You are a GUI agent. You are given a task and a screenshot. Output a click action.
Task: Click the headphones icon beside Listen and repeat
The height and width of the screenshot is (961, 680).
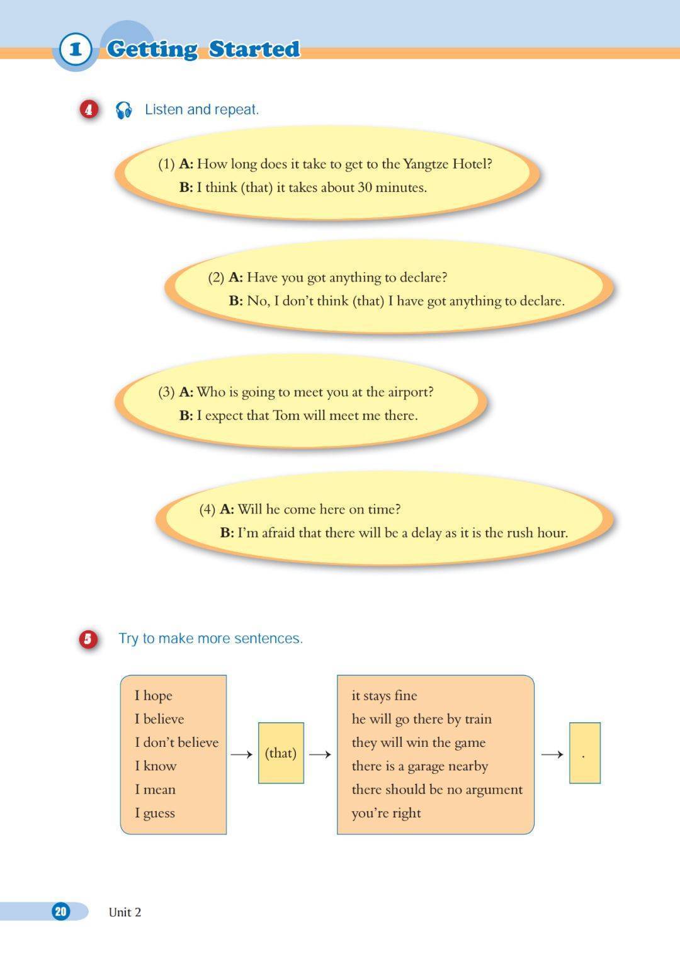point(123,110)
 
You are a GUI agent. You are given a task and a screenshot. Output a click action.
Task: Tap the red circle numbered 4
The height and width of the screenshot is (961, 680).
point(89,110)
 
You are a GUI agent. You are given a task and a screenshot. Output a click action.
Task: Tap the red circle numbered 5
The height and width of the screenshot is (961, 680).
point(88,639)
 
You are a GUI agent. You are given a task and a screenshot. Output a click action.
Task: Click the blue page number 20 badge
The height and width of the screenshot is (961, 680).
point(60,911)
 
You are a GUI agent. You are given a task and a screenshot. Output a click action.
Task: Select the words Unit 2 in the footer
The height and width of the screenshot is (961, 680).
point(125,912)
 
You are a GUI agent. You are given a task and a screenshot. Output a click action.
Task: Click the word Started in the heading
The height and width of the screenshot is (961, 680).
point(254,49)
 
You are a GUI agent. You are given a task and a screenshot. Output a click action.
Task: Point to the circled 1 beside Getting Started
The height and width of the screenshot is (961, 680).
point(76,49)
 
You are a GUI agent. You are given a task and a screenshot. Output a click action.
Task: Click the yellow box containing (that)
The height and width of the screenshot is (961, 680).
point(281,753)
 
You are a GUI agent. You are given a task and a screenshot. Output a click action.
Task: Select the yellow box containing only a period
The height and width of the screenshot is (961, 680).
point(584,753)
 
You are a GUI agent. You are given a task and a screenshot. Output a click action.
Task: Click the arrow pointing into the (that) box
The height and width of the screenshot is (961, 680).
point(241,754)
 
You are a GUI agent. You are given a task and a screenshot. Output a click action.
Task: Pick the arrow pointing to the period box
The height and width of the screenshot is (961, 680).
point(552,754)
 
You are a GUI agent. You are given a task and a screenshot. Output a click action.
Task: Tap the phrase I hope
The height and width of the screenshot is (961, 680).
point(153,695)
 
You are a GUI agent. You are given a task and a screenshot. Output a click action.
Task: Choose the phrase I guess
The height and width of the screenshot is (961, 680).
point(154,813)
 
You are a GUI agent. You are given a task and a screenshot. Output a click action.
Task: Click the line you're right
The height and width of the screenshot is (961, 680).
point(386,813)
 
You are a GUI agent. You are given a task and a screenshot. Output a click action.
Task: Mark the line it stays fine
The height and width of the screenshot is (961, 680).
point(384,695)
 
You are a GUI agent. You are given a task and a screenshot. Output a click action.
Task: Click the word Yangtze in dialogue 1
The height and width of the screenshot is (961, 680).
point(426,164)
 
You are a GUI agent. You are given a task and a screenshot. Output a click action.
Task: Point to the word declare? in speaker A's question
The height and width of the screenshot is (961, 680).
point(424,277)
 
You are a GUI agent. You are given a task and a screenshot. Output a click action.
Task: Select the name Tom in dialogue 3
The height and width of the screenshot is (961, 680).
point(286,416)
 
